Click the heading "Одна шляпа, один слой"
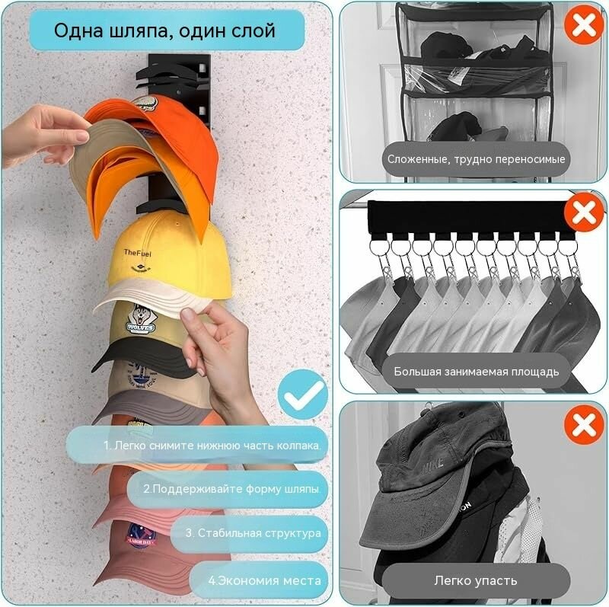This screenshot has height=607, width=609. coord(164,30)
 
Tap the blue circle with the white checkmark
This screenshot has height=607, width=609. coord(303,395)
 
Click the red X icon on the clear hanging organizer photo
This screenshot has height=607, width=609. coord(584,25)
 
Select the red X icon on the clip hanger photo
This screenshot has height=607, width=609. coord(584,212)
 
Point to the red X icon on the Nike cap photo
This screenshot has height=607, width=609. coord(584,424)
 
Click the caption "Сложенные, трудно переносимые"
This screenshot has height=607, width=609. coord(477,159)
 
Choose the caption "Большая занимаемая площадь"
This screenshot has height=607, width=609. coord(477,372)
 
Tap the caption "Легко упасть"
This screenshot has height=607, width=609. coord(476,580)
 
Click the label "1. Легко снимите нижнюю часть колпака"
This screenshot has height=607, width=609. coord(212,446)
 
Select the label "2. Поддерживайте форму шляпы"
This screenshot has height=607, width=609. coord(232,489)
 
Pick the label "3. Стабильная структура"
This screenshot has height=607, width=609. coord(253,533)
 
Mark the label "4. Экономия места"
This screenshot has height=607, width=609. coord(264,580)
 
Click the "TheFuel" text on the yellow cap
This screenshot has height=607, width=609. coord(138,253)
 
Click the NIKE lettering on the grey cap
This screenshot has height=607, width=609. coord(433,464)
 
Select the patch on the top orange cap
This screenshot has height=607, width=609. coord(145,104)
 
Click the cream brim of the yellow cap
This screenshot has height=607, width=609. coord(155,297)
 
